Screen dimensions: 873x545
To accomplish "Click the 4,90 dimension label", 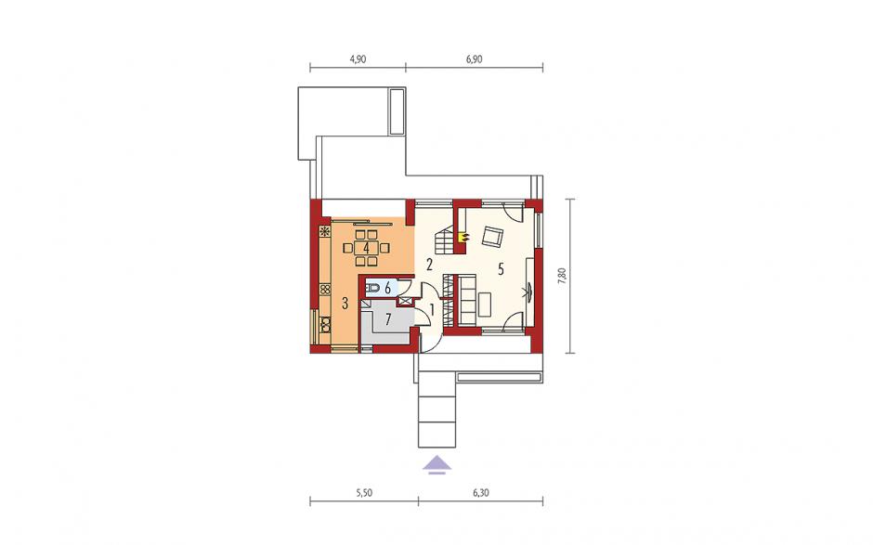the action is point(358,59).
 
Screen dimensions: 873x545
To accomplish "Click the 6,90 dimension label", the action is point(474,59).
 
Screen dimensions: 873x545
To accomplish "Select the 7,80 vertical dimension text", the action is point(562,276).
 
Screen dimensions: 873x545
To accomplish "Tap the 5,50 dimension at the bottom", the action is point(363,493).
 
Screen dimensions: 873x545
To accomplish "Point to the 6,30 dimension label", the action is point(480,493).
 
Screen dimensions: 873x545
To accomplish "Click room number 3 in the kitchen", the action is point(345,304).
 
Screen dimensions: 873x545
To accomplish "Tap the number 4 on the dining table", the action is point(366,247).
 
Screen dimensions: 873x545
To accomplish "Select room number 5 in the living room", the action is point(501,270).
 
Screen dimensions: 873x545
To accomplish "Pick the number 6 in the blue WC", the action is point(387,288).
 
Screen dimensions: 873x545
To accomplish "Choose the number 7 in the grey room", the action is point(388,319).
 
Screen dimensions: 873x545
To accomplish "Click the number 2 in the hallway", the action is point(429,265).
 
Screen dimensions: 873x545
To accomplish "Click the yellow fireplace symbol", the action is point(463,237).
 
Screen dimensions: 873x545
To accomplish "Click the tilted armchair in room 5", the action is point(492,237).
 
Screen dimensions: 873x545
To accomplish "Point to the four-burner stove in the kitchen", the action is point(325,290).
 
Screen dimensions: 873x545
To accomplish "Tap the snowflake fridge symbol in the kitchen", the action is point(325,231).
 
